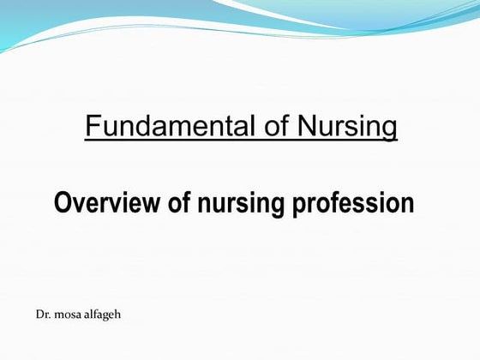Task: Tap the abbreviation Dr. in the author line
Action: click(x=43, y=315)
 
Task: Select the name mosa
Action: click(x=69, y=315)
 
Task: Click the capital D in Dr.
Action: click(x=39, y=315)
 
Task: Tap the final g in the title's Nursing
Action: click(x=390, y=130)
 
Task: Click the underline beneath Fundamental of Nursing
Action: click(x=241, y=141)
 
